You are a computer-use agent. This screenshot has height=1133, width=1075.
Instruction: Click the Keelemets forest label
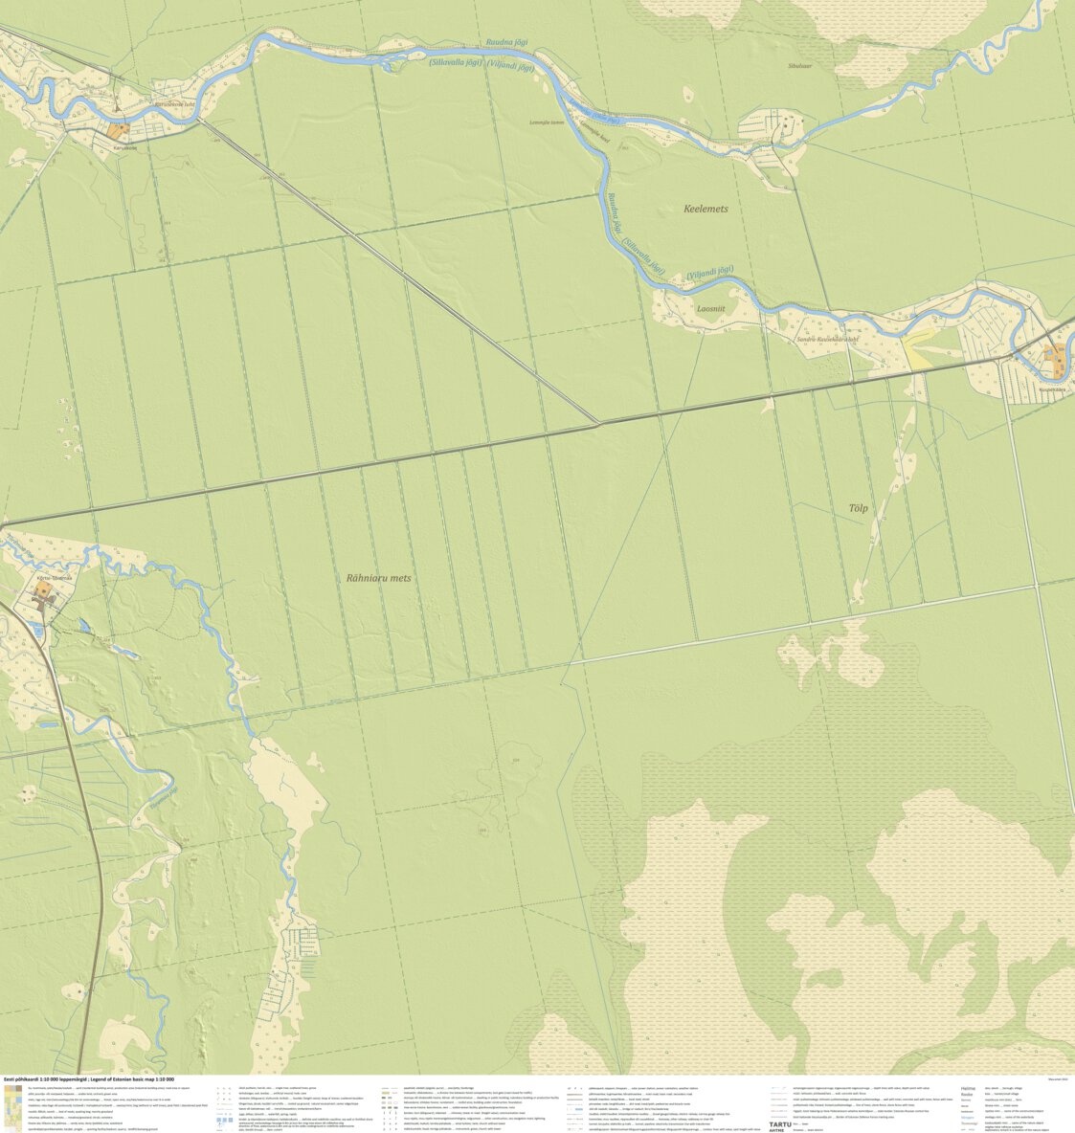[705, 209]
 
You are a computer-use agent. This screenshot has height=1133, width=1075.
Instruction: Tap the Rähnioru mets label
[379, 578]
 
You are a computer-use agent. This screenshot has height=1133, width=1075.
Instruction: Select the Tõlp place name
[858, 508]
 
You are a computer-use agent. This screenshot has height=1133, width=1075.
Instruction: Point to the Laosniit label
[711, 308]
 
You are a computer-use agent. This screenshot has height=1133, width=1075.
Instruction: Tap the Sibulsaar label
[799, 66]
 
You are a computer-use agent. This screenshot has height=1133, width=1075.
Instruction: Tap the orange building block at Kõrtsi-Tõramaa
[44, 592]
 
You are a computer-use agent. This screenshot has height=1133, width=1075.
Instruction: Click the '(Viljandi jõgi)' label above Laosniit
[709, 273]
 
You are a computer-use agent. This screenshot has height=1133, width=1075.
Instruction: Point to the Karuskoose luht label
[175, 105]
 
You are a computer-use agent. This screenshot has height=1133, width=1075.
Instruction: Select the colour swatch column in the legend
[12, 1106]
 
